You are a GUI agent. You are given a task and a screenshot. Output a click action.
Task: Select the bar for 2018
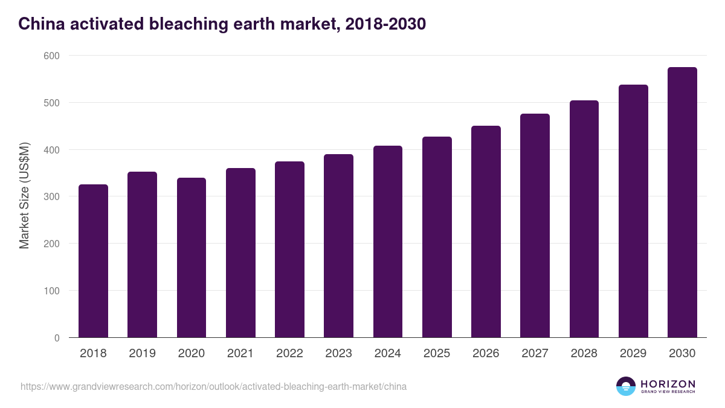(93, 261)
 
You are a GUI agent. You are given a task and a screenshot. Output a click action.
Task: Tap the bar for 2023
(338, 246)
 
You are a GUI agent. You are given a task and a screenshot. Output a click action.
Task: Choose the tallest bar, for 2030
(682, 202)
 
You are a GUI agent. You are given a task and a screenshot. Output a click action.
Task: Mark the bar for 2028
(584, 219)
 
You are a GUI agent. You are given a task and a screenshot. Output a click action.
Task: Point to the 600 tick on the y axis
(52, 56)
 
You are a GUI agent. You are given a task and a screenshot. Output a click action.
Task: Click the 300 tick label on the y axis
(52, 196)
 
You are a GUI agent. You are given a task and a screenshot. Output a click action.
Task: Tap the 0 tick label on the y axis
(57, 338)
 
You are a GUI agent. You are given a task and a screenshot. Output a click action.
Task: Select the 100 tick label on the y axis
(52, 291)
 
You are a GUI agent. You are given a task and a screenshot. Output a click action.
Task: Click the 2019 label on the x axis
(142, 354)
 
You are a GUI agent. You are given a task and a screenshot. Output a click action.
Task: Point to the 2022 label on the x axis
(289, 354)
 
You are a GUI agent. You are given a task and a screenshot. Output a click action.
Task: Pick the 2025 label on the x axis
(437, 354)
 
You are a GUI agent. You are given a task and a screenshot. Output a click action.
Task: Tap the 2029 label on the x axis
(633, 354)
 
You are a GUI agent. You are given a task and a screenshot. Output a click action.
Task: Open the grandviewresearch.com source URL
(213, 386)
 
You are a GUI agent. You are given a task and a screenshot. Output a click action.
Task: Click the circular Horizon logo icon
(625, 386)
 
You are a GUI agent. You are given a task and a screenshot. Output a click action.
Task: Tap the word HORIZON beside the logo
(668, 384)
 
